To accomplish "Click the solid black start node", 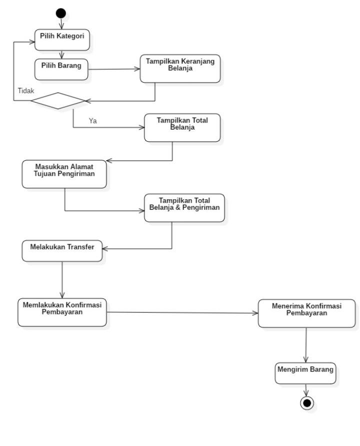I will (x=61, y=13).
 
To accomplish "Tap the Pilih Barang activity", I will (x=61, y=70).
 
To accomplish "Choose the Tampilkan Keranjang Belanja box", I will (x=180, y=69).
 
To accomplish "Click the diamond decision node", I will (x=58, y=101).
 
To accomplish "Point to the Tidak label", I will (x=26, y=91).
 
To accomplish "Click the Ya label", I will (x=92, y=121).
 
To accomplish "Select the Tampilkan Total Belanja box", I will (x=182, y=128).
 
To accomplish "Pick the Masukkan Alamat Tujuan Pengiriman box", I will (x=64, y=174).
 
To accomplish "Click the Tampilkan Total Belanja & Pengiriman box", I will (x=184, y=207).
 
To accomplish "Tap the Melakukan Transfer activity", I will (x=62, y=250).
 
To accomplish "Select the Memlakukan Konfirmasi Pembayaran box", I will (x=62, y=312).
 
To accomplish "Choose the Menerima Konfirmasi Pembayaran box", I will (x=306, y=313).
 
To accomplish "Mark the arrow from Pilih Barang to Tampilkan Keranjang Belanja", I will (x=114, y=70).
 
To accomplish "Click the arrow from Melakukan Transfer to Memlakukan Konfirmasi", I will (x=62, y=280).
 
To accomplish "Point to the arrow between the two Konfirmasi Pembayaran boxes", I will (x=182, y=313).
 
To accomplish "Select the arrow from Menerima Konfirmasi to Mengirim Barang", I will (x=305, y=345).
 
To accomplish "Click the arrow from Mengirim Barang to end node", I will (x=306, y=390).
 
